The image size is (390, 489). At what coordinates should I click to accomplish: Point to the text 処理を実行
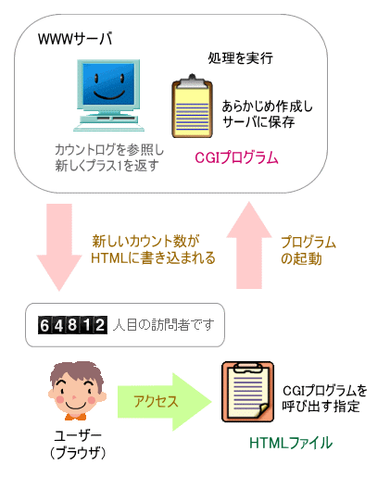click(241, 59)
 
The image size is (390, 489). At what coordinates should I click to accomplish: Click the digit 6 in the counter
click(45, 326)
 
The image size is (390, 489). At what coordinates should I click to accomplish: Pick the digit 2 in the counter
click(100, 326)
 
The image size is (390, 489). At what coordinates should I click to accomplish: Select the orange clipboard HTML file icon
click(247, 393)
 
